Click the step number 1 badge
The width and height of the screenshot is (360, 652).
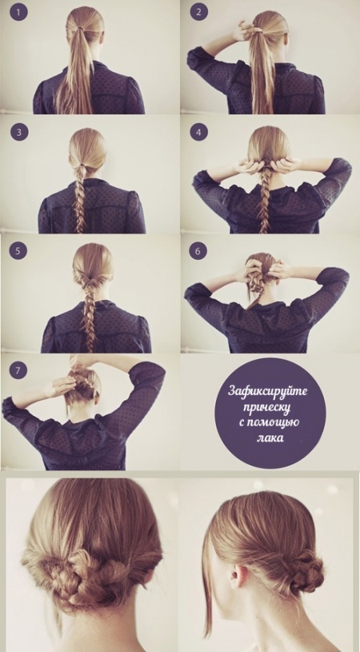[x=18, y=12]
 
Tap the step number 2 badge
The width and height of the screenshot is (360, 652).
[x=198, y=12]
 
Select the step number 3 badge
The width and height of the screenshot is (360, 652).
[x=18, y=132]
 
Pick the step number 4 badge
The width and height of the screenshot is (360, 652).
[x=198, y=132]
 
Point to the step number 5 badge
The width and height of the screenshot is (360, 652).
[x=18, y=251]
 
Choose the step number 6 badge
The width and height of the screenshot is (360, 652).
[x=198, y=251]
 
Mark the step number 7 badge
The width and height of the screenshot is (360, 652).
[x=18, y=371]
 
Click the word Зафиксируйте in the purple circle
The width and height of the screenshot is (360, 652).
[x=268, y=392]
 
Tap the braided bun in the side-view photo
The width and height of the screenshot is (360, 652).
[x=303, y=570]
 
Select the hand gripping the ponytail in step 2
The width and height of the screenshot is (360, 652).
[x=243, y=31]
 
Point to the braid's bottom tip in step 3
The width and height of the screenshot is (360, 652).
[x=79, y=230]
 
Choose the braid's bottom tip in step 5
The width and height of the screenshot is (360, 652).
[x=90, y=350]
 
